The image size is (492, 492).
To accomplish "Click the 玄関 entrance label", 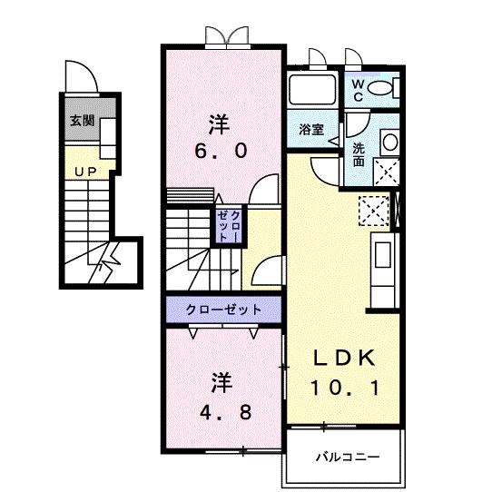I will (x=83, y=120).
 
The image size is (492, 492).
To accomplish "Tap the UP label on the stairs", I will (x=86, y=171).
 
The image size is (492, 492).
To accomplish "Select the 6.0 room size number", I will (x=219, y=152).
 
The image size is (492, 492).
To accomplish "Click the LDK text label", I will (x=344, y=357).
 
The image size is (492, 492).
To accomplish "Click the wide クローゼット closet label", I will (x=223, y=310).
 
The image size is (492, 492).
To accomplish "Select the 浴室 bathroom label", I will (x=311, y=129).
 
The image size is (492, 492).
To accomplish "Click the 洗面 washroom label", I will (x=359, y=154).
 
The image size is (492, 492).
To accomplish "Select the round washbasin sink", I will (x=389, y=142).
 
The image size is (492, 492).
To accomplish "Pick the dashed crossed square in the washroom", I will (x=387, y=172).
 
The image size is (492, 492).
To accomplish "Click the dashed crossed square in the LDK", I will (x=373, y=210).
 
